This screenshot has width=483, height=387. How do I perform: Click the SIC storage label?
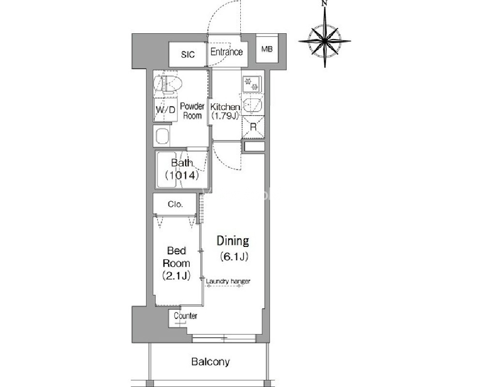click(x=188, y=55)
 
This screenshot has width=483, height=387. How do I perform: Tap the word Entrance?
click(x=226, y=52)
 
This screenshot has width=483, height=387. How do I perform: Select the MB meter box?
click(x=267, y=49)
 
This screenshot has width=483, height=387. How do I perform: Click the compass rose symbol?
click(x=325, y=40)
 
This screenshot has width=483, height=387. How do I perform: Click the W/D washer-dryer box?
click(x=165, y=110)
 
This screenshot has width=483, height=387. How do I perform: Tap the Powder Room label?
click(x=192, y=111)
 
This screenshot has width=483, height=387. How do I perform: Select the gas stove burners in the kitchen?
click(x=251, y=84)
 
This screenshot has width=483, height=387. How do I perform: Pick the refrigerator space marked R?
click(x=253, y=127)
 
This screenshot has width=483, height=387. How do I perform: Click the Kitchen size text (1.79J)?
click(x=225, y=116)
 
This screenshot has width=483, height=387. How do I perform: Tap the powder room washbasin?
click(x=162, y=136)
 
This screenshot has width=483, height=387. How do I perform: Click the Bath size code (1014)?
click(x=182, y=175)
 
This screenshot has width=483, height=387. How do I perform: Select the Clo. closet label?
click(x=176, y=204)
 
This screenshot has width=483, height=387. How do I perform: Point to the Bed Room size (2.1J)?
click(x=176, y=275)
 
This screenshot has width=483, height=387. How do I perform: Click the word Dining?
click(x=233, y=241)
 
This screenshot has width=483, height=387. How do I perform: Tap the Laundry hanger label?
click(x=228, y=281)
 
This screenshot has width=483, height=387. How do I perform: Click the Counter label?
click(x=186, y=315)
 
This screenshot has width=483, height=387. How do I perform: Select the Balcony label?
click(x=210, y=361)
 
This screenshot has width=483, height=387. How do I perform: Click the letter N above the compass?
click(x=324, y=3)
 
